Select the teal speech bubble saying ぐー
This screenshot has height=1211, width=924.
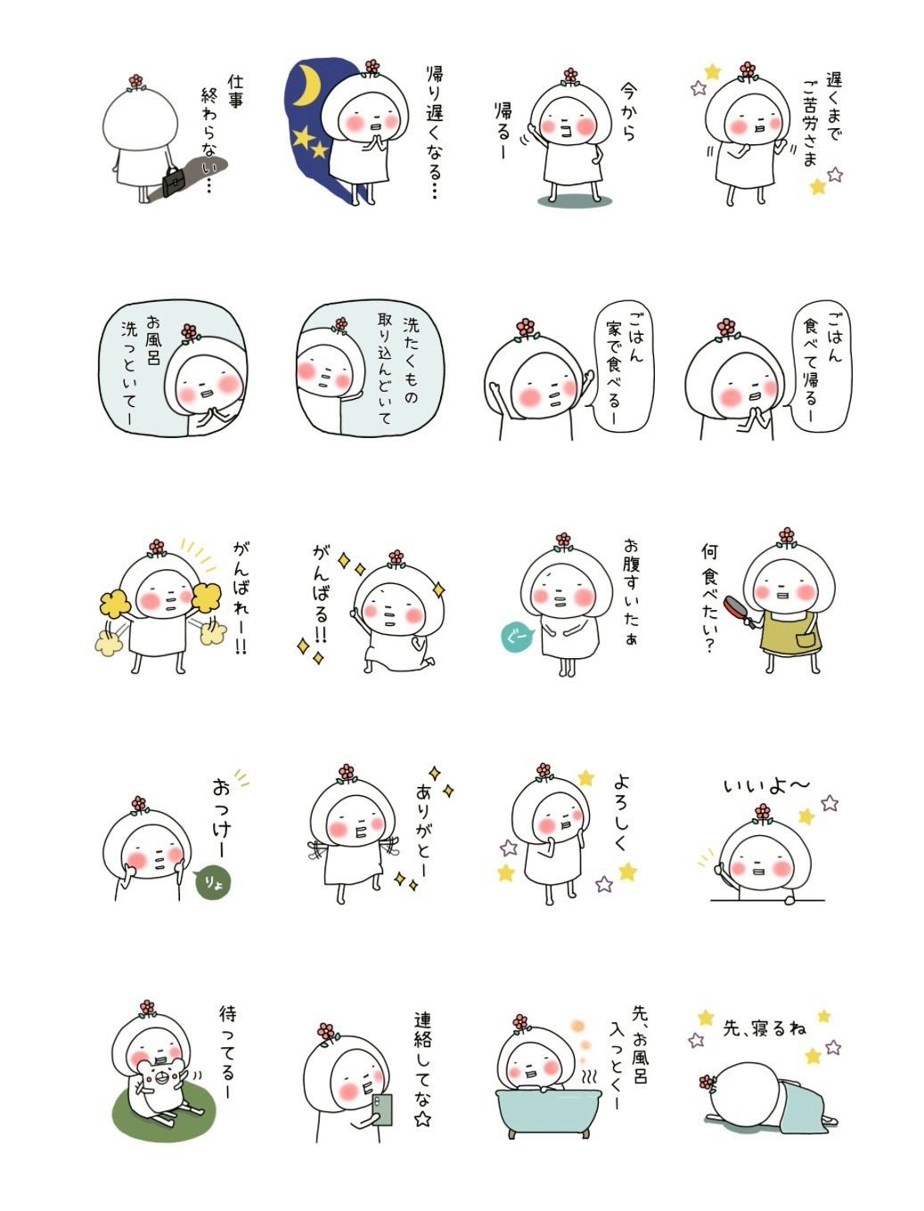click(x=517, y=637)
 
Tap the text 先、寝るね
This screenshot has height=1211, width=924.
click(x=764, y=1028)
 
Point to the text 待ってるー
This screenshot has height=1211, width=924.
click(x=229, y=1049)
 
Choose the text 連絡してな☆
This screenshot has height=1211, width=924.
click(x=422, y=1069)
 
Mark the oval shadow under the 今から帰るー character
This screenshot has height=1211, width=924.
click(x=575, y=201)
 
